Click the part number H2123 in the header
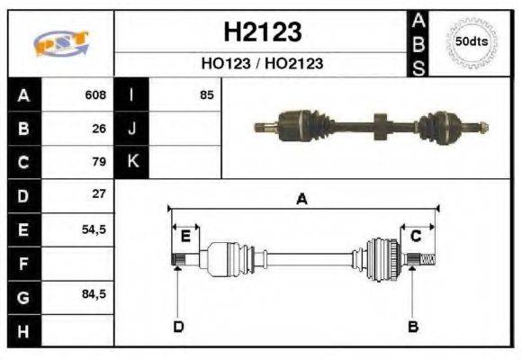point(261,33)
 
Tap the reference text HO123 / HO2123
point(261,64)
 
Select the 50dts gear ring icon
point(471,42)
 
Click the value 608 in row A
point(95,94)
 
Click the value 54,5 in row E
point(94,229)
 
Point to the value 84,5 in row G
point(94,295)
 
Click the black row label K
point(131,162)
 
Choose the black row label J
point(131,129)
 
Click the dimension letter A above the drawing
point(302,200)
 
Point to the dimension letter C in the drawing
point(416,237)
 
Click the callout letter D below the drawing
point(177,326)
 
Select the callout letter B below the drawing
point(413,326)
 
